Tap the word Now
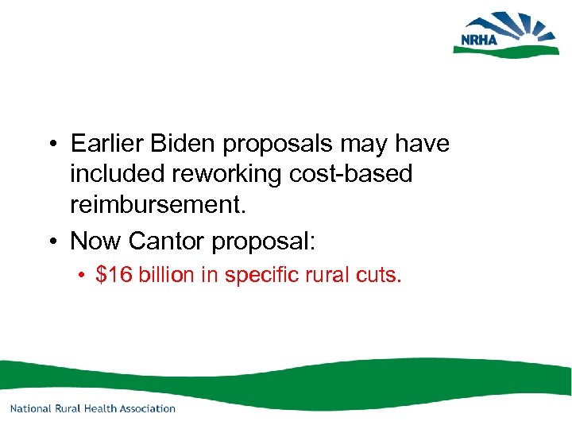click(x=96, y=238)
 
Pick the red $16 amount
click(x=114, y=275)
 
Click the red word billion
click(x=166, y=275)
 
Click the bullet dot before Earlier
click(x=49, y=145)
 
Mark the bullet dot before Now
click(x=49, y=239)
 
